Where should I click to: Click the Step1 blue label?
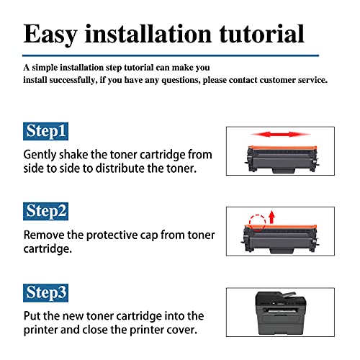(45, 131)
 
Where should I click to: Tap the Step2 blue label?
(45, 211)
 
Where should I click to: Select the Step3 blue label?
(45, 293)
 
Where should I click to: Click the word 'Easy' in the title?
(50, 35)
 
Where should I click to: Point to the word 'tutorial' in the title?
(261, 34)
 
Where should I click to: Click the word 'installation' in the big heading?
(148, 34)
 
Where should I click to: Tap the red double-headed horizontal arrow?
(281, 135)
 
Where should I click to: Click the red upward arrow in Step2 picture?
(271, 217)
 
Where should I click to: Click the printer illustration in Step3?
(280, 312)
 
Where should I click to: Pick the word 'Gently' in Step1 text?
(40, 156)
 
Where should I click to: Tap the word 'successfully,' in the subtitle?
(73, 81)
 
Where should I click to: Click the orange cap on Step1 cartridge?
(282, 148)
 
